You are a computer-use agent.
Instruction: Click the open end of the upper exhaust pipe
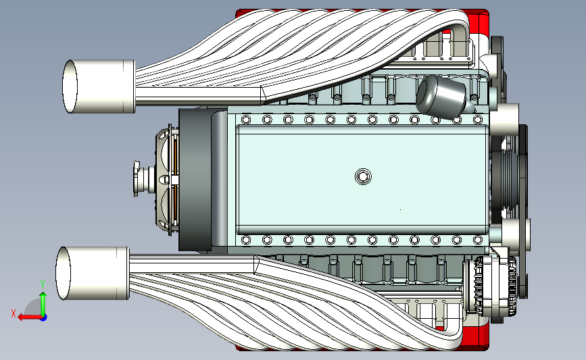click(x=70, y=86)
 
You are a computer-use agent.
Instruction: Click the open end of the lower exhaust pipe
click(x=63, y=273)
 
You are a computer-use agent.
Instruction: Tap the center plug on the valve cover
click(x=363, y=176)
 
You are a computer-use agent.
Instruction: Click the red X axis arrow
click(x=30, y=317)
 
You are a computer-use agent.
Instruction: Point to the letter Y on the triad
click(x=43, y=284)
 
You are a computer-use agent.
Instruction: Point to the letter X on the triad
click(x=14, y=313)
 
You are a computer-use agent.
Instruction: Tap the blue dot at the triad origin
click(x=44, y=318)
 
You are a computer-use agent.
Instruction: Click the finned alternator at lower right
click(x=490, y=286)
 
